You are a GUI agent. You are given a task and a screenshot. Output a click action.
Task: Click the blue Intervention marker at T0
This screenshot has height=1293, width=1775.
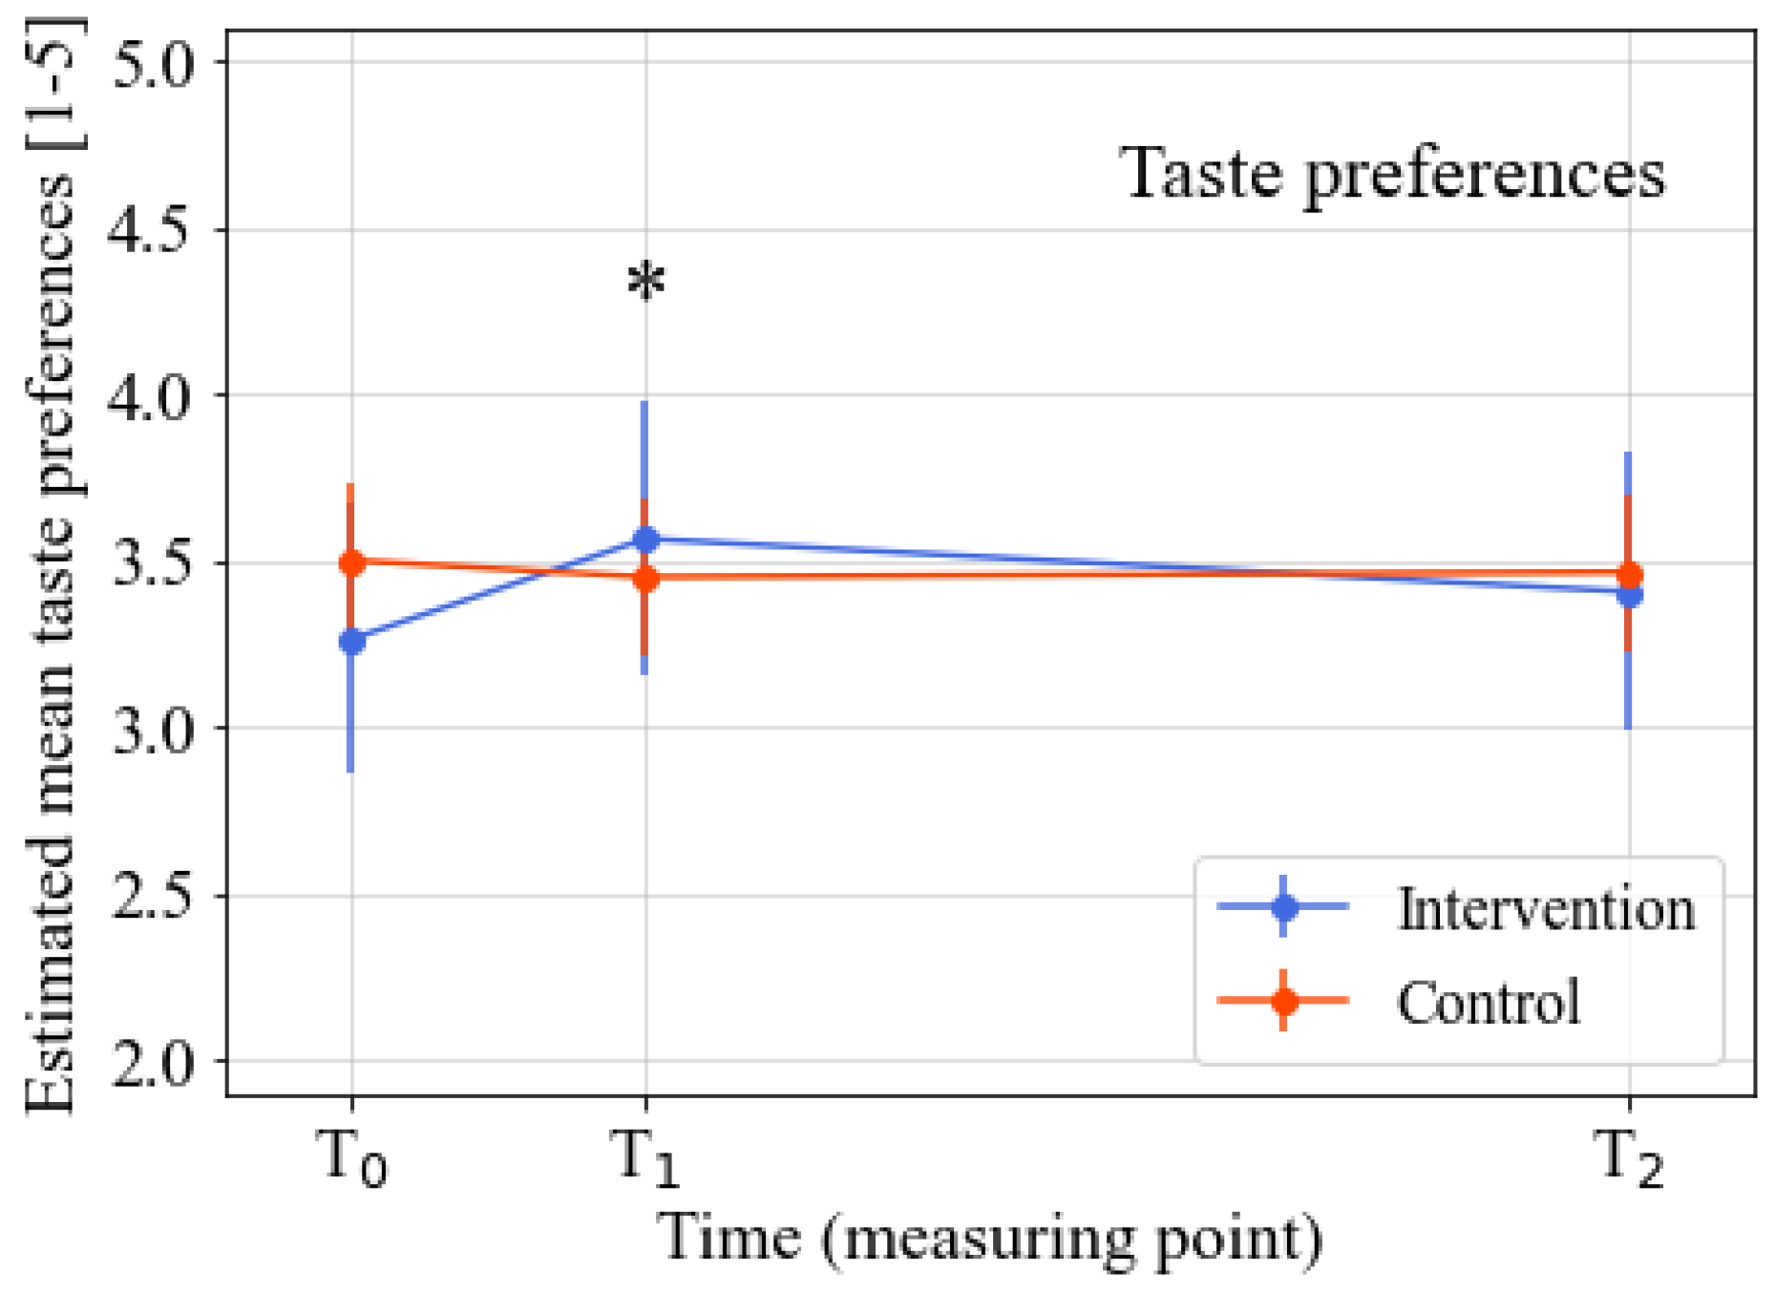tap(351, 641)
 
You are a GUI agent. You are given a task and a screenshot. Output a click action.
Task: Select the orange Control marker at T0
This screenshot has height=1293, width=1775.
tap(351, 562)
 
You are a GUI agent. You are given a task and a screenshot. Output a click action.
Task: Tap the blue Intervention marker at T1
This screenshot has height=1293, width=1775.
tap(646, 540)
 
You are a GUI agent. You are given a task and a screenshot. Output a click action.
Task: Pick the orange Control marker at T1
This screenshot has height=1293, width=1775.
tap(646, 578)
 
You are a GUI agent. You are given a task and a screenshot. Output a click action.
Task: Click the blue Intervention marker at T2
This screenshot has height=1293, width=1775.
tap(1629, 595)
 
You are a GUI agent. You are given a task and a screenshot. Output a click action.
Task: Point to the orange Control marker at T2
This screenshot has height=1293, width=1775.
tap(1629, 575)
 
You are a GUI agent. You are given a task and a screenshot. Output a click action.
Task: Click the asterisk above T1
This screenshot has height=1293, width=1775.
tap(646, 282)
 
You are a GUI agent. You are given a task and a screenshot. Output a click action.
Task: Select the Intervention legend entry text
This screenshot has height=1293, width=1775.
tap(1546, 908)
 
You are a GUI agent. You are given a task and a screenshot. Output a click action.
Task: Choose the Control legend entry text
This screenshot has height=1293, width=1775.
tap(1488, 1002)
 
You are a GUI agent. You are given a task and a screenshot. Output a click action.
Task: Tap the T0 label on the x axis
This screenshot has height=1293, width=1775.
tap(351, 1157)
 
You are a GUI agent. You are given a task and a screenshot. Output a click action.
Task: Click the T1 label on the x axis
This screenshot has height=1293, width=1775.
tap(646, 1157)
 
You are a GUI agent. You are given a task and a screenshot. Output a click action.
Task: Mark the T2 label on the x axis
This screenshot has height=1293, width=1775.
tap(1629, 1157)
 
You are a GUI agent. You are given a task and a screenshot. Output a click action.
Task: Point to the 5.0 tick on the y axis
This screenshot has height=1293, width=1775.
tap(153, 63)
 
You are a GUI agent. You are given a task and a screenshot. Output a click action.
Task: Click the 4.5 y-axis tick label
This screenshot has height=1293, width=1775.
tap(153, 230)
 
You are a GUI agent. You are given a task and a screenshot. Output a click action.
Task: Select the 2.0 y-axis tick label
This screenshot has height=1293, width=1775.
tap(153, 1062)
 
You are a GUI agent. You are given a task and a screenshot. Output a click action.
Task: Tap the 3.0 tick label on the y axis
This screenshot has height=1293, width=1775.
tap(153, 730)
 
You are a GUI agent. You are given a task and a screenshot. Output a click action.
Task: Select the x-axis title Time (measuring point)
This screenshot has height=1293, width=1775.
tap(988, 1240)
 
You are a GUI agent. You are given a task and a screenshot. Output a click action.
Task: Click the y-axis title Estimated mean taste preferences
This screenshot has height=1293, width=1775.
tap(50, 563)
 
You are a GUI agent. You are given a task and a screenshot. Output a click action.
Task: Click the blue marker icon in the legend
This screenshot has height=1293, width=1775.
tap(1283, 905)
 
